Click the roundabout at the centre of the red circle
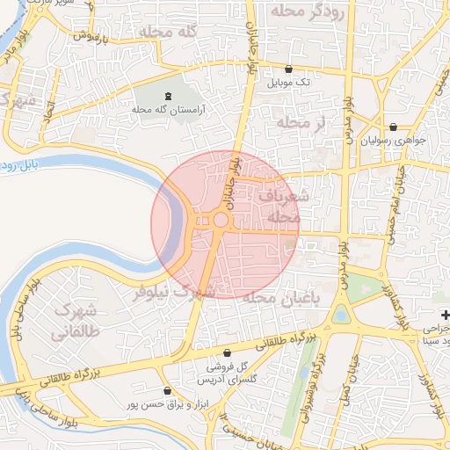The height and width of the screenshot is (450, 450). point(221,221)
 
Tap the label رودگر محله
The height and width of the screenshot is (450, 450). point(302,11)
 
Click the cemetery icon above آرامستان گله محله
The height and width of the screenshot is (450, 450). point(168,95)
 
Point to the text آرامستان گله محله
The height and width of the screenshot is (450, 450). point(168,109)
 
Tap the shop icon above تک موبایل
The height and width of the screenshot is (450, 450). point(289,69)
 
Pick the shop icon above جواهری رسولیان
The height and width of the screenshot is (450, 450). point(392,127)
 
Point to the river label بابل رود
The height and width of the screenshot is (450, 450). point(27,164)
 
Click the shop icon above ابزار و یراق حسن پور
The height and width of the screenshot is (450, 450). point(168,390)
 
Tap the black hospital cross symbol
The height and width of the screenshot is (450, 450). point(446,315)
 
